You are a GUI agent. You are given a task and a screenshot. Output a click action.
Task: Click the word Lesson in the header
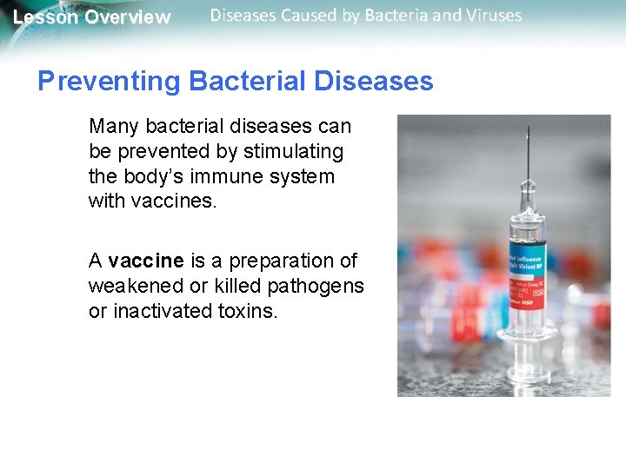[x=45, y=17]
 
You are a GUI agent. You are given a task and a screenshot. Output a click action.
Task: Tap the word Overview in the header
[x=128, y=17]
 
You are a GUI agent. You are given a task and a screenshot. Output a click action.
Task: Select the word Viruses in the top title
[x=491, y=16]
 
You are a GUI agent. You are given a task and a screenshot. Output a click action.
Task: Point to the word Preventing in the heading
[x=108, y=82]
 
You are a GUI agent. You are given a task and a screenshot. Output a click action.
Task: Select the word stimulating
[x=293, y=152]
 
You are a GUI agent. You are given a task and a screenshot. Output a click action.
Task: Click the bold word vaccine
[x=146, y=261]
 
